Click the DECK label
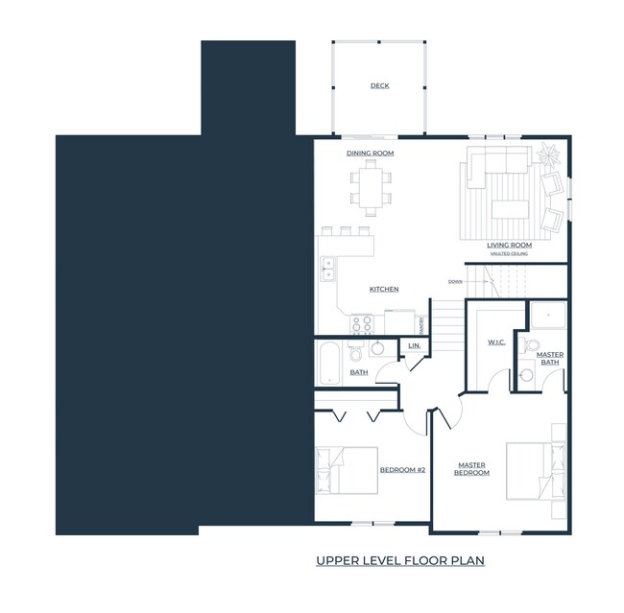click(x=380, y=86)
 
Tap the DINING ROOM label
click(x=370, y=153)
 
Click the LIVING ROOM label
click(x=509, y=245)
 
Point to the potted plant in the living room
click(x=549, y=153)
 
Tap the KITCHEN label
click(x=384, y=289)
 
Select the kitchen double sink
click(x=327, y=269)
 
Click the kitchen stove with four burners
click(x=362, y=323)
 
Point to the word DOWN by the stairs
click(x=455, y=281)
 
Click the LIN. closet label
click(x=415, y=345)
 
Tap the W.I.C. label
click(x=496, y=342)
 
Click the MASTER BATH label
click(x=550, y=358)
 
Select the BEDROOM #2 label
click(x=403, y=470)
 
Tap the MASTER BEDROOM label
click(x=471, y=470)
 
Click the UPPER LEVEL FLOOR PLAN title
click(x=400, y=559)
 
